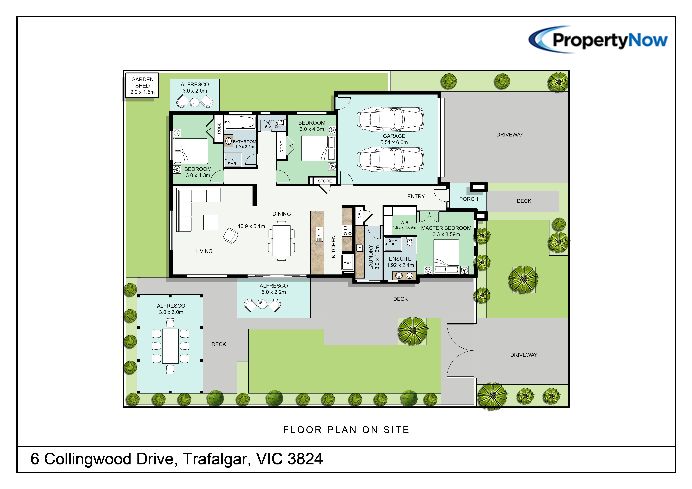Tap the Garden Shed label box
point(142,86)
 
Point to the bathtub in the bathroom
point(240,122)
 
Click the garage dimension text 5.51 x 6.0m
point(394,142)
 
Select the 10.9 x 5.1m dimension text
point(251,226)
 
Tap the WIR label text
point(404,222)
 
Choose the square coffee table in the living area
point(211,222)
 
